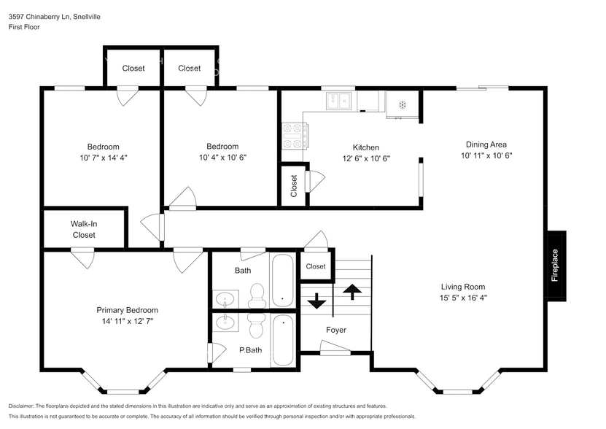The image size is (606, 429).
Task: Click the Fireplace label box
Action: coord(556,266)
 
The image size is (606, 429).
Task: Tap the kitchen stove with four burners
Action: coord(294,136)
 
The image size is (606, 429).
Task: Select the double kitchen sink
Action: coord(338,101)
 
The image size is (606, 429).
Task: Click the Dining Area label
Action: coord(486,144)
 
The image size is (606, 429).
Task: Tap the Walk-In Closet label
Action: coord(83,229)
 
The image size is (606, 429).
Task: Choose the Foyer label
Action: coord(336,330)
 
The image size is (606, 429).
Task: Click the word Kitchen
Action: coord(365,147)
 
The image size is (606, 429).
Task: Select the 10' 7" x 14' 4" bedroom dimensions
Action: coord(103,158)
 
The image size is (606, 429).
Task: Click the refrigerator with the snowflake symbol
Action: coord(402,104)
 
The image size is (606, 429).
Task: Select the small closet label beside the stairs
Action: coord(316,266)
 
